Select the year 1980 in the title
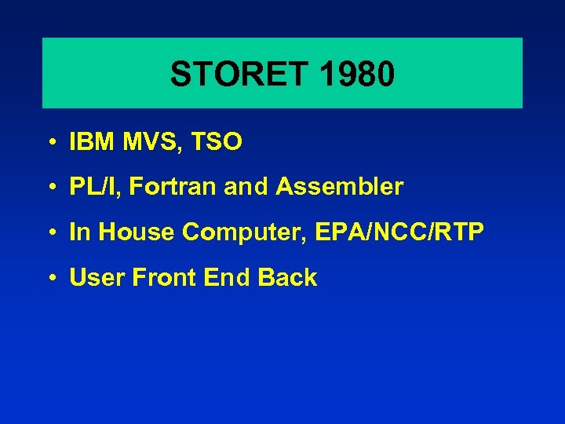(357, 75)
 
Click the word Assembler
(344, 187)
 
